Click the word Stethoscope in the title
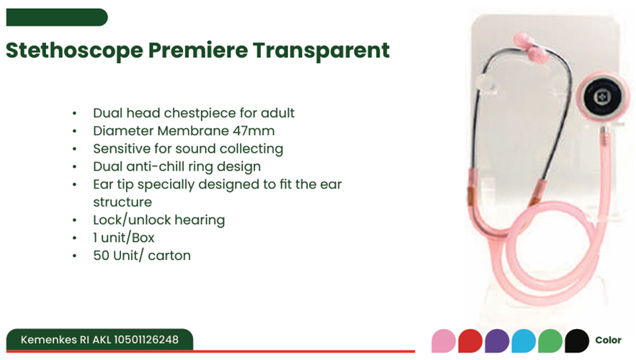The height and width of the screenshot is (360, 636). point(75,50)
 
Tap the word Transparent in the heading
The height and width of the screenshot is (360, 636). point(321,50)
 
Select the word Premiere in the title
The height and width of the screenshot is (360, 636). point(198,50)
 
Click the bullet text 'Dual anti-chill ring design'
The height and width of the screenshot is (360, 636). point(177,166)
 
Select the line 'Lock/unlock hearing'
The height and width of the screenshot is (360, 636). point(159,220)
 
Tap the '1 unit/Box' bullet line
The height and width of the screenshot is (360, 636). point(124,238)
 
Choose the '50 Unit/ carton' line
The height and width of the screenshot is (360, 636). point(142,256)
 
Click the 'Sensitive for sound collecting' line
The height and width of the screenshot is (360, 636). point(188,149)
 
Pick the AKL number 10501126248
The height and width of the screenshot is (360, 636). point(146,340)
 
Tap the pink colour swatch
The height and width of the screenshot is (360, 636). point(444,341)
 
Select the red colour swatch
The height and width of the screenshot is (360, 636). point(470,341)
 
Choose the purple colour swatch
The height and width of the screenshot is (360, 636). point(497,341)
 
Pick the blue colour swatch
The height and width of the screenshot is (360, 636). point(524,341)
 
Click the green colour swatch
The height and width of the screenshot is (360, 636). point(550,341)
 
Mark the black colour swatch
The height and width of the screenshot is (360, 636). point(577,341)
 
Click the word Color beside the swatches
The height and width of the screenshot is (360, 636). point(609,340)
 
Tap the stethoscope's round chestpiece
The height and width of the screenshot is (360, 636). point(603,97)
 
